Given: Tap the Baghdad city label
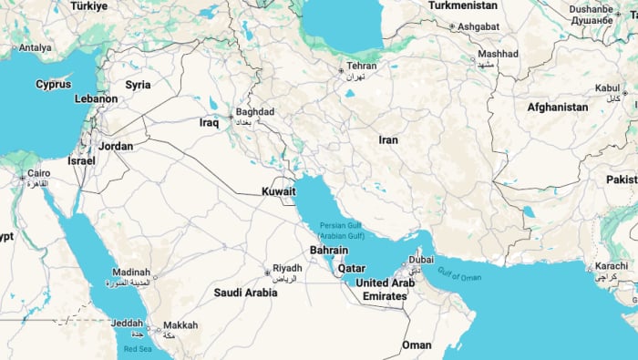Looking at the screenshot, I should tap(254, 111).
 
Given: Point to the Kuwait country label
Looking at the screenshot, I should tap(279, 191).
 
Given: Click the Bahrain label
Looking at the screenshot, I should tap(328, 250).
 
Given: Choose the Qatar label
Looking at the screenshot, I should tap(352, 269).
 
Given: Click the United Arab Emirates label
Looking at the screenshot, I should tap(385, 290).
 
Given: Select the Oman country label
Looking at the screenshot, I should tap(417, 345).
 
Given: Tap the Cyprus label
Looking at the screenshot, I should tap(53, 84).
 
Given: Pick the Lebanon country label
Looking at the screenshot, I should tap(96, 98).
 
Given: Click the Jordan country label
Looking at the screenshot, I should tap(116, 146).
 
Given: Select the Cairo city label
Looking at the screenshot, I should tap(38, 173).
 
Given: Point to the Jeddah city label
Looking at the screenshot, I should tap(127, 323).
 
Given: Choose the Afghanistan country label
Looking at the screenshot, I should tap(557, 107).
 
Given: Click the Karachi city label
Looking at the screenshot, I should tap(612, 266).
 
